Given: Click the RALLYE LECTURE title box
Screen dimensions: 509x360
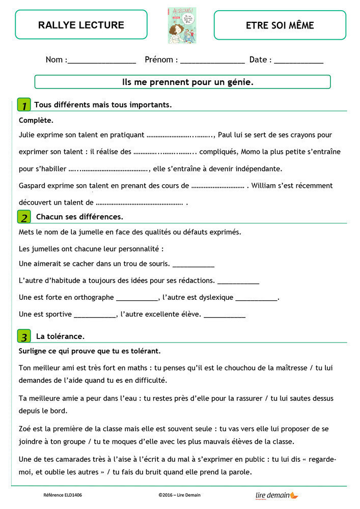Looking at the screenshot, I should (81, 25).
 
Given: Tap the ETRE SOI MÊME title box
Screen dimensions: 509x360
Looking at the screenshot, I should (280, 25).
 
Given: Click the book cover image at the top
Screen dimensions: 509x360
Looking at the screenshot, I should (182, 25).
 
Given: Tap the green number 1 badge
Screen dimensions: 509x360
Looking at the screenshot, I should (24, 105).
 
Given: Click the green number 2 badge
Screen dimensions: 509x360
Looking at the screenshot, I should (24, 217).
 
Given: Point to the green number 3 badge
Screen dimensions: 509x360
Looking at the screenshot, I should (24, 336).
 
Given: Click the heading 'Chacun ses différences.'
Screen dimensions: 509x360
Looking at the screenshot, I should (79, 217).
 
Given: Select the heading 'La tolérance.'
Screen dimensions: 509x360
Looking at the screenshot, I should (60, 336).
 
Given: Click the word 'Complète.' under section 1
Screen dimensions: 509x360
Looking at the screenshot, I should (36, 121).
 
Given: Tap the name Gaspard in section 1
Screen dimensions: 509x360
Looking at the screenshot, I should (33, 186).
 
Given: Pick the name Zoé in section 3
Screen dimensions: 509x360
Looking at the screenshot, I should (25, 429).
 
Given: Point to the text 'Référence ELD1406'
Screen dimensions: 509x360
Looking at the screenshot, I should (63, 495).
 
